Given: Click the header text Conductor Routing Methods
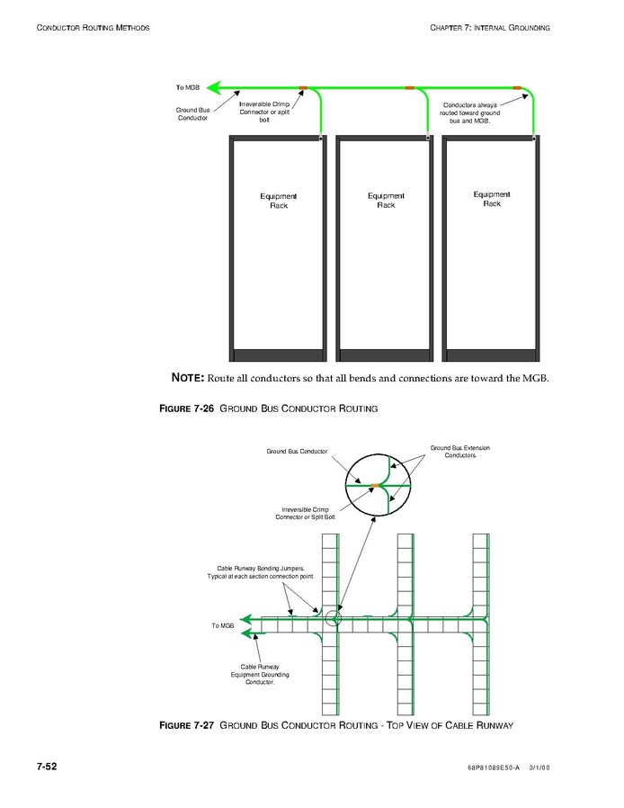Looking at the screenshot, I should click(x=93, y=28).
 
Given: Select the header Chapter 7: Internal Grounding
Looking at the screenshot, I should click(x=490, y=28).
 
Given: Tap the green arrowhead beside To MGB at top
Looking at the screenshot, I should click(x=213, y=87).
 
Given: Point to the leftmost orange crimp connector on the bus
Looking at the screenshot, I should click(x=303, y=87).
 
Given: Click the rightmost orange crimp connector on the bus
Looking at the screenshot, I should click(x=516, y=87).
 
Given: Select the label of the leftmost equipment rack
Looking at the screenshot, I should click(x=278, y=201).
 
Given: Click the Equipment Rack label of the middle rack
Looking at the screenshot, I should click(x=386, y=201).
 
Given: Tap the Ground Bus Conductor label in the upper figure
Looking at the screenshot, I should click(x=192, y=114).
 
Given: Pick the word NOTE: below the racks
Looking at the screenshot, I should click(x=188, y=377).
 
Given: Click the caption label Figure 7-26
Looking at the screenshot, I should click(x=186, y=409).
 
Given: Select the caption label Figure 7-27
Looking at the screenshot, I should click(x=186, y=725).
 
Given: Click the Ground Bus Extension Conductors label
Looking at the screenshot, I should click(x=459, y=452).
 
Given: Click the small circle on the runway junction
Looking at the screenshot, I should click(x=334, y=617).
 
